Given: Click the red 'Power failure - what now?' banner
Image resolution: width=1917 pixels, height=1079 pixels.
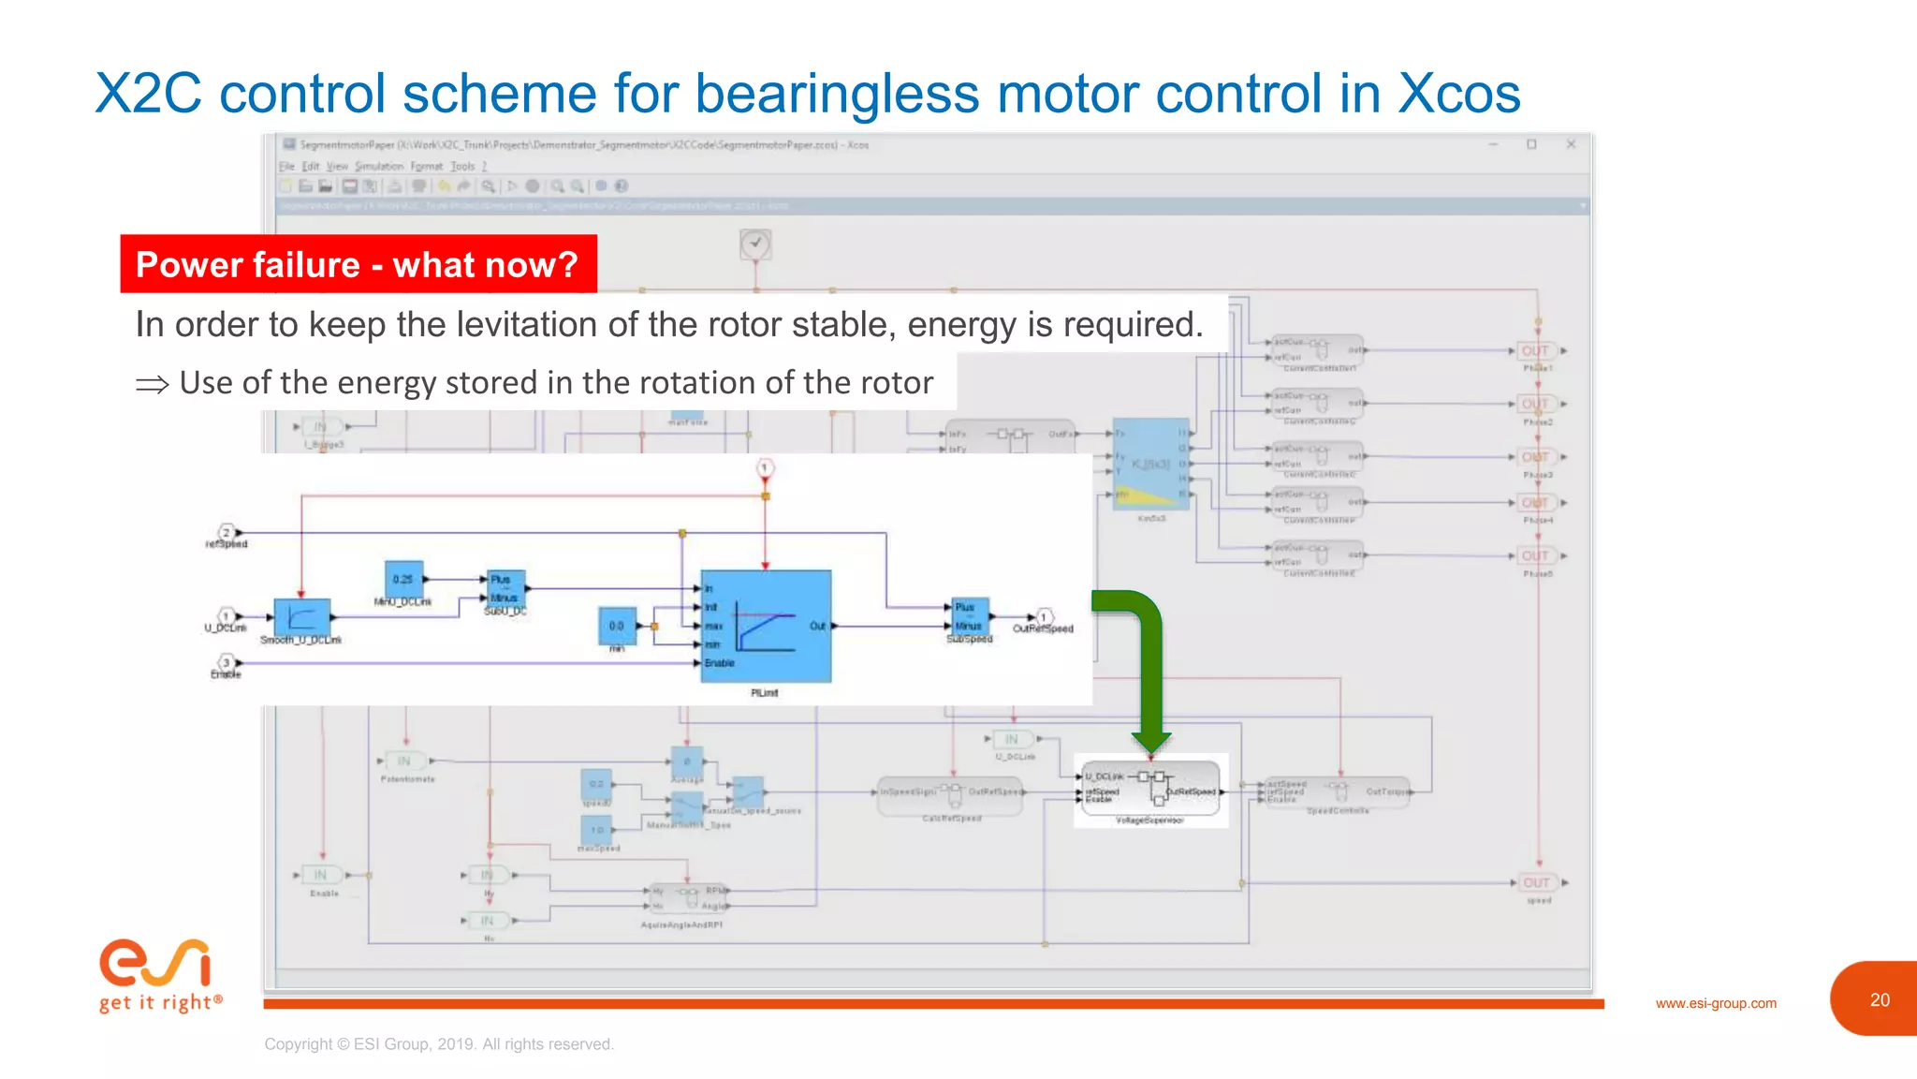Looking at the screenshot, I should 358,264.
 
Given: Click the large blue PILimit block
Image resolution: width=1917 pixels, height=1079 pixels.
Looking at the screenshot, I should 766,625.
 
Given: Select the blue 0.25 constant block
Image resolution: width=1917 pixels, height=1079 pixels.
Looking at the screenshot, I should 403,579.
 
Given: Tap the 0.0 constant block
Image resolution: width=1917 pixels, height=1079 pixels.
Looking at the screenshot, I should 617,625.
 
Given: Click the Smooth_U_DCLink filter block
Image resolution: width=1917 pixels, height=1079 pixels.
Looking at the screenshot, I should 301,617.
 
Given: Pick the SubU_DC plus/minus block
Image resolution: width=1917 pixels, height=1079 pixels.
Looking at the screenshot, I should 505,588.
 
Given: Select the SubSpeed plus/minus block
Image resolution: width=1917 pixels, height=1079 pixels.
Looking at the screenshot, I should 970,616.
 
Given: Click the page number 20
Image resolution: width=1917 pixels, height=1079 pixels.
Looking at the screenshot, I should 1880,999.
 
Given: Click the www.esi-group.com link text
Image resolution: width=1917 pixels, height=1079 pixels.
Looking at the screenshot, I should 1715,1003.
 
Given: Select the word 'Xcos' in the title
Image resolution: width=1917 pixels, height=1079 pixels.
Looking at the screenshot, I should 1458,94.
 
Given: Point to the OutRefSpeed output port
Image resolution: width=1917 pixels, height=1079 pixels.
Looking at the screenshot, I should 1044,618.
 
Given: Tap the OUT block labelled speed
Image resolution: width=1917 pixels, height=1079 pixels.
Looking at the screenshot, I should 1536,882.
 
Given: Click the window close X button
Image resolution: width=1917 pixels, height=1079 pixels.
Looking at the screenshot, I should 1571,144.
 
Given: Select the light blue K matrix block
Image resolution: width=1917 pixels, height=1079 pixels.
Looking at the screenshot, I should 1150,464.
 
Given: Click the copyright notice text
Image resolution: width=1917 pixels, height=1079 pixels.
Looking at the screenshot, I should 439,1043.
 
